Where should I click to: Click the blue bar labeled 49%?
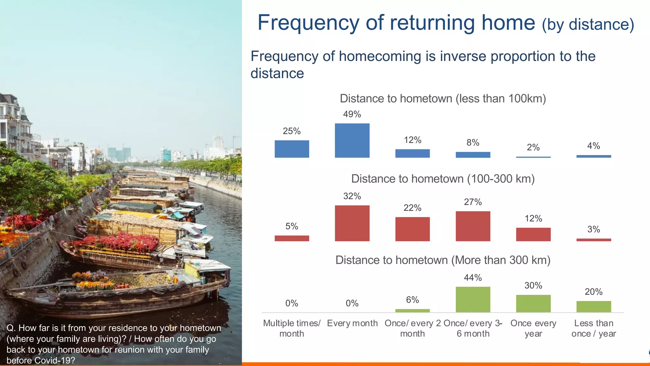point(352,140)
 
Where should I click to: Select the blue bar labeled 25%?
point(292,149)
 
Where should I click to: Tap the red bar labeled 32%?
point(352,223)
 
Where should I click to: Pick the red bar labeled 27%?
point(473,226)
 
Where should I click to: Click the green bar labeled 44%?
point(473,300)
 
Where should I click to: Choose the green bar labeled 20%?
point(594,307)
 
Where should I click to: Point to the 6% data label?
point(412,300)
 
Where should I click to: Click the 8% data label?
point(473,142)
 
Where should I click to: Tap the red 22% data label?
point(412,208)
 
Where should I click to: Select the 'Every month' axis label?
point(352,323)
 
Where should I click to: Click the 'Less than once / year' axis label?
point(594,328)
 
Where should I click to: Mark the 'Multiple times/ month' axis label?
point(292,328)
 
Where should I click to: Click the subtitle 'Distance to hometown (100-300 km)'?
point(443,179)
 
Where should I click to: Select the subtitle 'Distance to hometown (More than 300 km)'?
point(443,260)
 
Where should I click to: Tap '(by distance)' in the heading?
point(588,25)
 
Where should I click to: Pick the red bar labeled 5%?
point(292,238)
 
